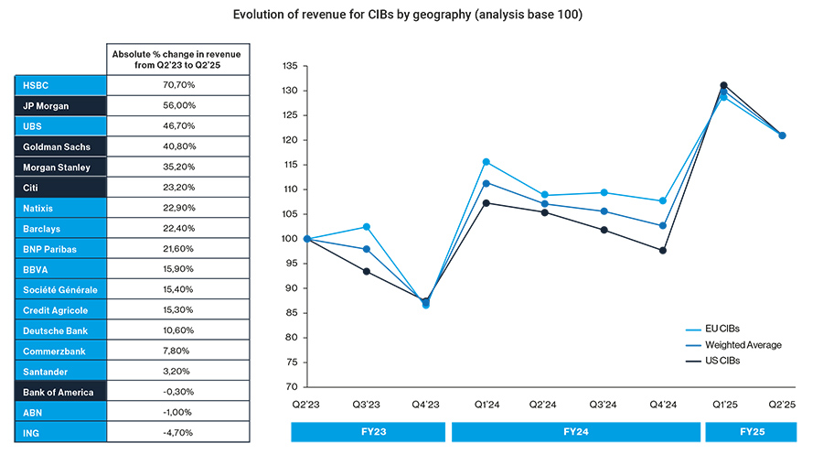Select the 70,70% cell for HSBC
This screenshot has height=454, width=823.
[178, 84]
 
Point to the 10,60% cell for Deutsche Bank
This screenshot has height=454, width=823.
[178, 330]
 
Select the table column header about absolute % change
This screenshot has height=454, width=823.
[178, 59]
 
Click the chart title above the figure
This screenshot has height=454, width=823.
[411, 15]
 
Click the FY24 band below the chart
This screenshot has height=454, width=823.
[574, 431]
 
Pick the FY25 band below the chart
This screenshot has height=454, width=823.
[750, 431]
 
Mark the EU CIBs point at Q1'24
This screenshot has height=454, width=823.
[486, 162]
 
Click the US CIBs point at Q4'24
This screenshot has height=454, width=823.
[663, 250]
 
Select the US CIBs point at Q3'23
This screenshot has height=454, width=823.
[367, 271]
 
